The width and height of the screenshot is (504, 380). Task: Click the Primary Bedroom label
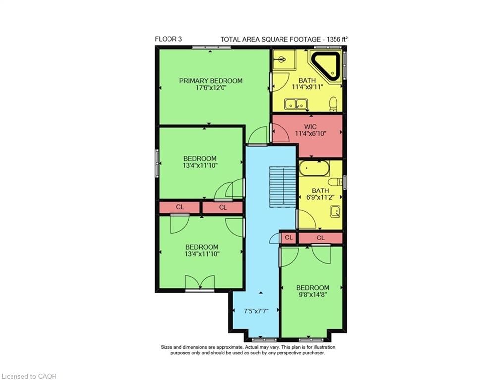(211, 81)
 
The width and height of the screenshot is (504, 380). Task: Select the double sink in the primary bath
(296, 104)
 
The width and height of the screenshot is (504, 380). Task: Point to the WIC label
(307, 126)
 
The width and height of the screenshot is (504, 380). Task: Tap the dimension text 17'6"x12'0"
(211, 89)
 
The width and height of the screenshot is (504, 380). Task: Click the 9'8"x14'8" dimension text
(312, 296)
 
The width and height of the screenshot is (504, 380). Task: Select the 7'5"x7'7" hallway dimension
(256, 312)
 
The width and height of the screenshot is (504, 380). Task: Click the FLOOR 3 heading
(168, 39)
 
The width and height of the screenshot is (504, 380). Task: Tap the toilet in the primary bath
(334, 104)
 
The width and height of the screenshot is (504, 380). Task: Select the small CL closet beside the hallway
(289, 238)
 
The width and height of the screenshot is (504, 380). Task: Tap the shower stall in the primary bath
(283, 60)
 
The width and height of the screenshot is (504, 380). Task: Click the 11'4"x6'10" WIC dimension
(307, 134)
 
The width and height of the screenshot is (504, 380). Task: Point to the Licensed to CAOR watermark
(29, 376)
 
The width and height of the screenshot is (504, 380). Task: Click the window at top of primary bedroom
(212, 47)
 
